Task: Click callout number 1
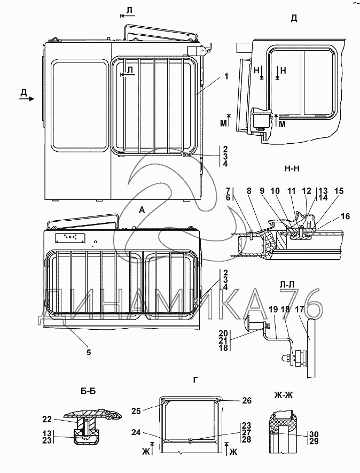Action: (226, 76)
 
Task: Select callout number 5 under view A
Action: (89, 352)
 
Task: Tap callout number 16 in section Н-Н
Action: (346, 216)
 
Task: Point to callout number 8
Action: (249, 191)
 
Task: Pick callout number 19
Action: (273, 309)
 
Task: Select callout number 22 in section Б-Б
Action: (47, 420)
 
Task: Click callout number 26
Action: (247, 400)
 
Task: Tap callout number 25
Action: (136, 411)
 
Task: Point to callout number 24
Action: (136, 432)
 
